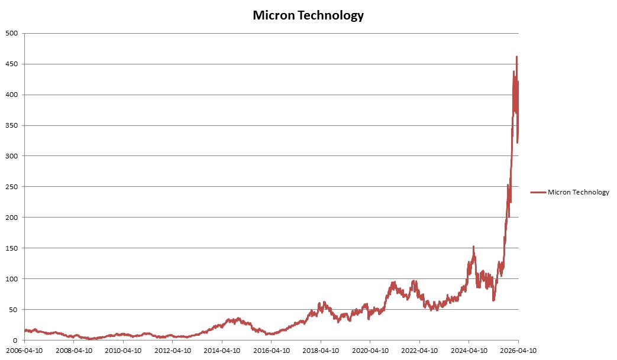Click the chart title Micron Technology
tap(308, 16)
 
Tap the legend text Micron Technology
tap(578, 192)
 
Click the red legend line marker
tap(538, 192)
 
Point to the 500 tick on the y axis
tap(11, 33)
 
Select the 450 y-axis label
tap(11, 64)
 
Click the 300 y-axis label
tap(11, 156)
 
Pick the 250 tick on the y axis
tap(11, 187)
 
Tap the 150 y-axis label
tap(11, 248)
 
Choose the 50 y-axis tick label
tap(13, 310)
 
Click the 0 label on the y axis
tap(15, 340)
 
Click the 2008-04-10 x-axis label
tap(73, 350)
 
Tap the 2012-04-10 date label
tap(172, 350)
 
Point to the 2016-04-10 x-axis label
tap(271, 350)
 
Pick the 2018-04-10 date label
tap(321, 350)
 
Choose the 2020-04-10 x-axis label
tap(370, 350)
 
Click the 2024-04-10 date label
tap(469, 350)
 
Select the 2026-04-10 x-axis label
tap(518, 350)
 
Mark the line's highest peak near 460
tap(516, 57)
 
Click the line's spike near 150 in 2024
tap(473, 247)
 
